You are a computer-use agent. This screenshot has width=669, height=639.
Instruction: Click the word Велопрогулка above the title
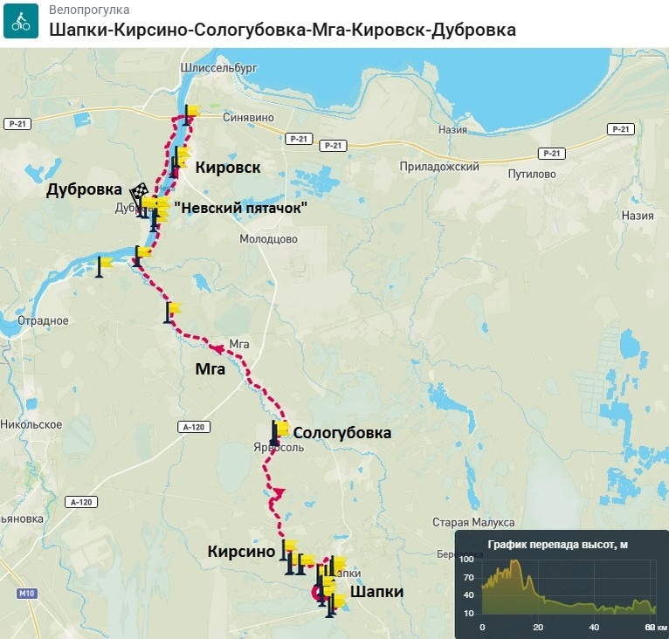[90, 10]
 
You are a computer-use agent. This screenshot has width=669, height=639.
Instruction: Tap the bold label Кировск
[227, 167]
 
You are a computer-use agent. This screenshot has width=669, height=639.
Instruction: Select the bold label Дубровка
[84, 189]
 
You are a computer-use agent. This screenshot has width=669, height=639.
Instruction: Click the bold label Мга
[210, 368]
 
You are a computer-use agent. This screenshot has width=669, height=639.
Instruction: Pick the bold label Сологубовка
[341, 432]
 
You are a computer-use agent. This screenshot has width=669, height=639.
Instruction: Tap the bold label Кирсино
[241, 551]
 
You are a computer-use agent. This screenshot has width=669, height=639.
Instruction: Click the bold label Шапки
[376, 592]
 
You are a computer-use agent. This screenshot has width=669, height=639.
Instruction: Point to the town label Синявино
[248, 116]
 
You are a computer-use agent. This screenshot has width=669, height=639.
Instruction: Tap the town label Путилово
[532, 174]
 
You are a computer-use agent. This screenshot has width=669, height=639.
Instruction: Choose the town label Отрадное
[43, 320]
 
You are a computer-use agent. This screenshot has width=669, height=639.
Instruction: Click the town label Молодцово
[269, 238]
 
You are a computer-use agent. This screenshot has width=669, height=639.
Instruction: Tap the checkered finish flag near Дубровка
[139, 190]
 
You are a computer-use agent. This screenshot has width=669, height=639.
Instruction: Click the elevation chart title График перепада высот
[557, 545]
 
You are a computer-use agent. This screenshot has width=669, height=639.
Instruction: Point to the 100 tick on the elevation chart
[466, 559]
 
